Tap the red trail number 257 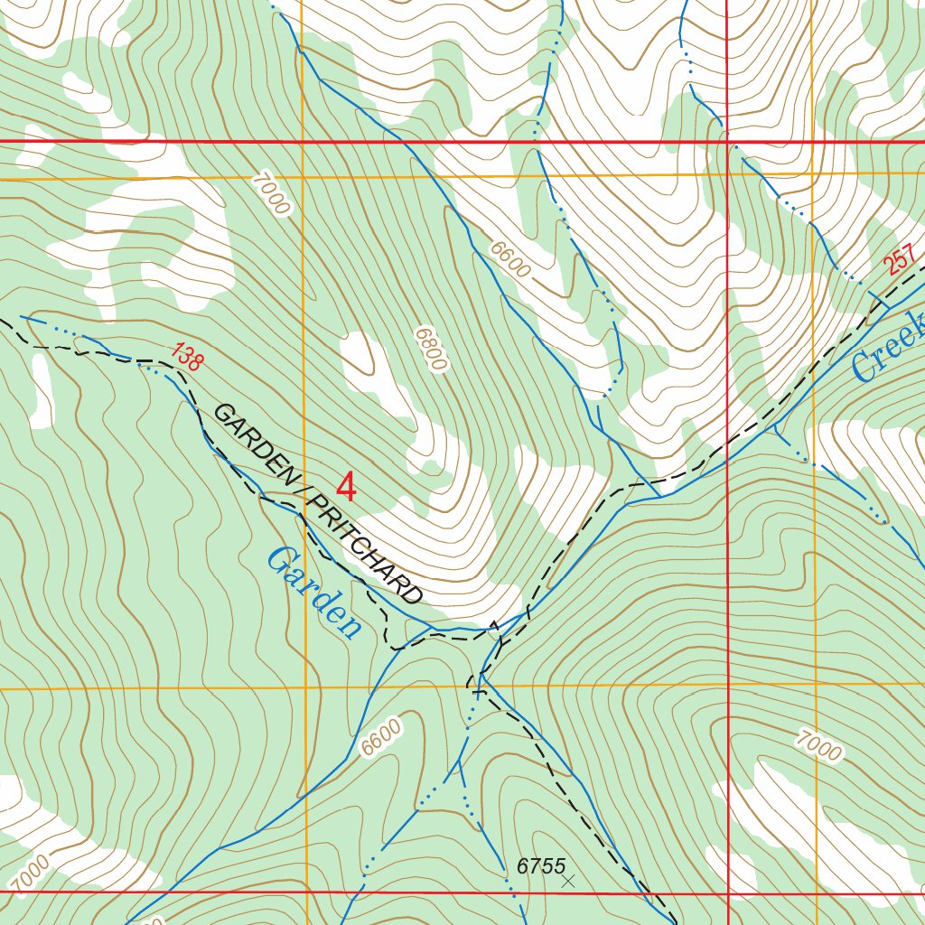coord(902,262)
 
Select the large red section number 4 coord(346,489)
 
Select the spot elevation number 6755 coord(540,866)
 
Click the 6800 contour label coord(432,350)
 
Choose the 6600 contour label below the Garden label coord(379,738)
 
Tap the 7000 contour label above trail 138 coord(272,192)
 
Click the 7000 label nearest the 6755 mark coord(819,746)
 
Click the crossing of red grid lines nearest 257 coord(727,142)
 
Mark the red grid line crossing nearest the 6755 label coord(727,892)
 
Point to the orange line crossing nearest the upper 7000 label coord(303,177)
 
